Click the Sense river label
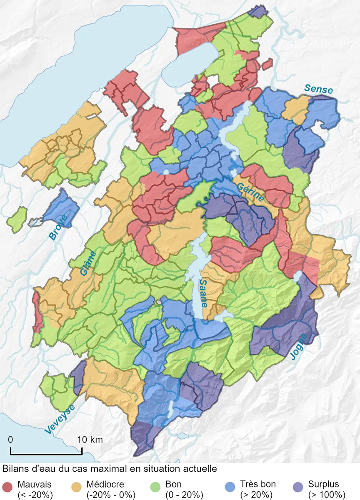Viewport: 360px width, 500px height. point(318,89)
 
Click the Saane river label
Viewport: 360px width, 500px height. point(203,293)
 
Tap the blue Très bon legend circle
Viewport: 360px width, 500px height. point(230,489)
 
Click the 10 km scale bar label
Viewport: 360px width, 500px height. point(90,440)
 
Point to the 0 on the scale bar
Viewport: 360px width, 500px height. point(11,440)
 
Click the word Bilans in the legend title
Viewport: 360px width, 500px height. point(15,468)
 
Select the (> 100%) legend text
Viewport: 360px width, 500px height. point(327,495)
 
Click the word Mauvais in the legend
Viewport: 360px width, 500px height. point(35,485)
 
